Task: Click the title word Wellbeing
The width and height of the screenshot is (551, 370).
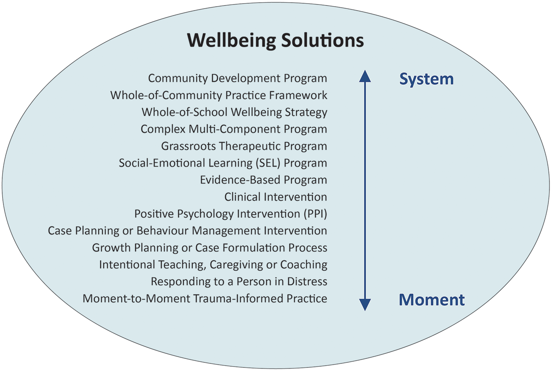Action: (231, 41)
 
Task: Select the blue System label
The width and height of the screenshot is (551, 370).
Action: (426, 79)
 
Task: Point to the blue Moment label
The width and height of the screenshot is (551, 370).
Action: (432, 300)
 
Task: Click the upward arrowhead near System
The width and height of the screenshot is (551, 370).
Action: (365, 76)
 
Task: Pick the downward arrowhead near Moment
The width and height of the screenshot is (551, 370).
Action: (365, 304)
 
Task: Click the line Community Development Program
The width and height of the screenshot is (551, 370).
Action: (237, 78)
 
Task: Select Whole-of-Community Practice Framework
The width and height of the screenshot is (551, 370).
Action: (219, 95)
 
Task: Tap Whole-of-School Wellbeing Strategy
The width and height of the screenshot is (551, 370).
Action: (234, 112)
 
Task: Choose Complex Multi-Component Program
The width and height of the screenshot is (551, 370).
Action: (234, 129)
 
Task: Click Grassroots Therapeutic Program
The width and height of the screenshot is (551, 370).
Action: (244, 146)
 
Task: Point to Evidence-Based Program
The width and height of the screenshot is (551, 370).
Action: (263, 180)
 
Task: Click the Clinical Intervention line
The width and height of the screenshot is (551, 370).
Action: (275, 197)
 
